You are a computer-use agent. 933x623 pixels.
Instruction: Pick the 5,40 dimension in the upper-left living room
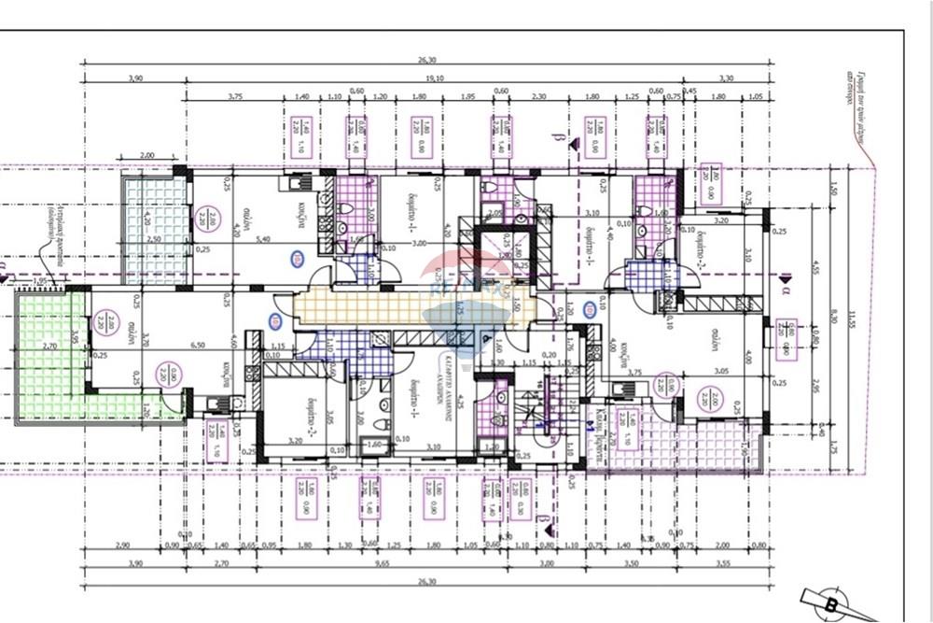tap(263, 240)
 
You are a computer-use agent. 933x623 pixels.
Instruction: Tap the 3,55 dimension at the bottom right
tap(724, 565)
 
